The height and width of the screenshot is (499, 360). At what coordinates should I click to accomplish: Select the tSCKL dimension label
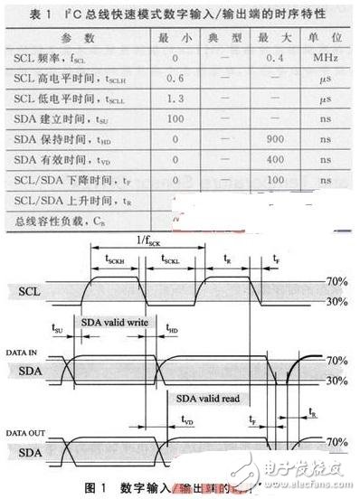[x=172, y=259]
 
